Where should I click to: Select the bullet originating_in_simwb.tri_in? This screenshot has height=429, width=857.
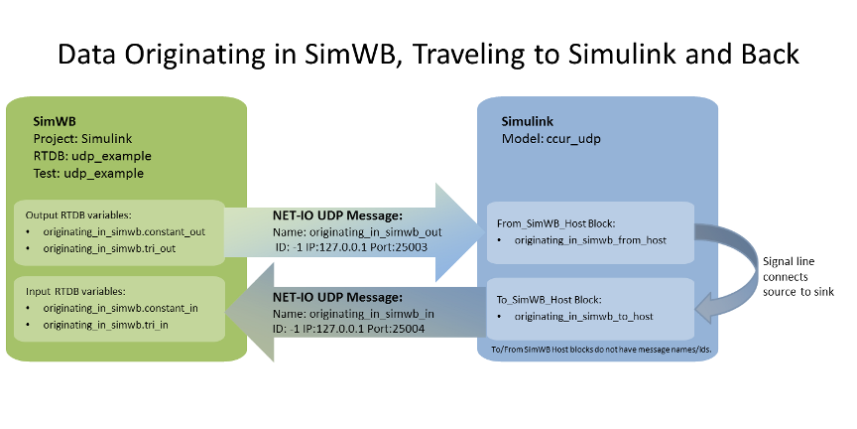[x=105, y=325]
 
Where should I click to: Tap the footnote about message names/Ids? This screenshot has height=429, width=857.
[x=605, y=350]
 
